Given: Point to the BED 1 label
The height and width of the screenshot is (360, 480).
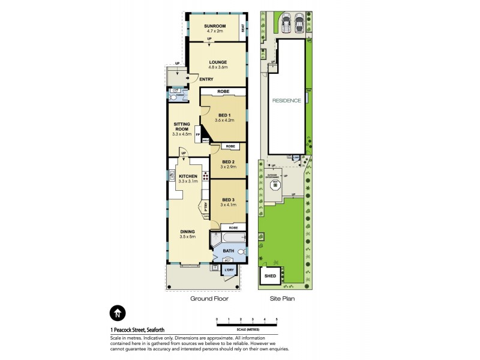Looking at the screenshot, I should pos(224,115).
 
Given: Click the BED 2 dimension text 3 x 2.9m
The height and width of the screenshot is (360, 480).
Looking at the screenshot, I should pos(227,167).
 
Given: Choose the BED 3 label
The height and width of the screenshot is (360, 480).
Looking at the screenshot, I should pos(227,199).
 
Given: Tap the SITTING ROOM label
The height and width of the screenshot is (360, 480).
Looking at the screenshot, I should pos(182,128).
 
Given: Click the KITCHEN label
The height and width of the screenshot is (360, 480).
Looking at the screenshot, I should pos(188,176).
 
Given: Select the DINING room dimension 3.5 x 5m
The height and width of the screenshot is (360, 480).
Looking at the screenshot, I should pos(188,237).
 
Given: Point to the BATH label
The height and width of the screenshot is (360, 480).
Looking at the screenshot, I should pos(228,251).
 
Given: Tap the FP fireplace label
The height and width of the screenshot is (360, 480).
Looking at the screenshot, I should pos(197,135).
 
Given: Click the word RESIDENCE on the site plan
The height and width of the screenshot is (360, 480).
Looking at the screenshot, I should pos(286,101).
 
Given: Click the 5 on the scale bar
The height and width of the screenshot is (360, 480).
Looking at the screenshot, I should pos(277,319).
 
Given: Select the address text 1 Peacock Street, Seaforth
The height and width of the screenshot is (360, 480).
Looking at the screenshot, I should pos(137,329).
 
